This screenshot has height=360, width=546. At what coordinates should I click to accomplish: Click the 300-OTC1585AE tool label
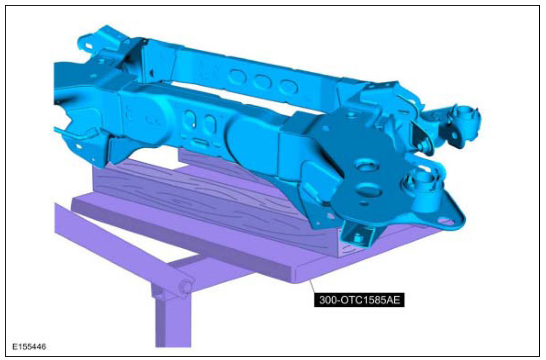coord(359,300)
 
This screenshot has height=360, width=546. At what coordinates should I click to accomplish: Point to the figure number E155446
coord(29,347)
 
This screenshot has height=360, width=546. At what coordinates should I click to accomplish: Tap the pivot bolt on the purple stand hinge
coord(186,287)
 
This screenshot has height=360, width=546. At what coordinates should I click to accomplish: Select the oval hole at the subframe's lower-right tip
coord(448,221)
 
